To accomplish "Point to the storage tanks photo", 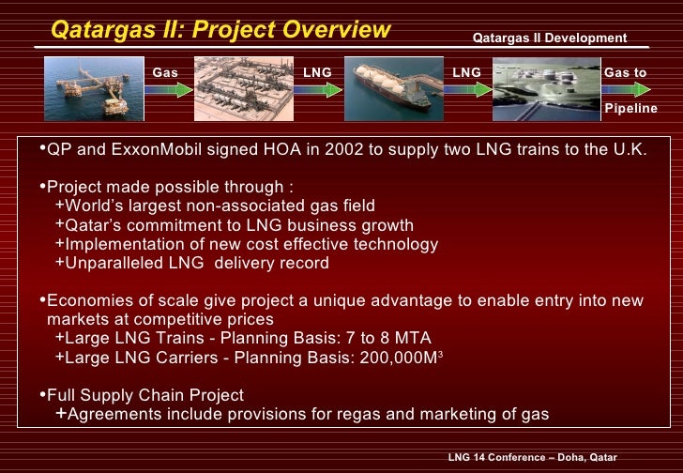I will [545, 89].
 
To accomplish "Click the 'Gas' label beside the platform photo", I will [165, 71].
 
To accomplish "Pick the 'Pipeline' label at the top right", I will [630, 109].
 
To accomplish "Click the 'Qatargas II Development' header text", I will [549, 38].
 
